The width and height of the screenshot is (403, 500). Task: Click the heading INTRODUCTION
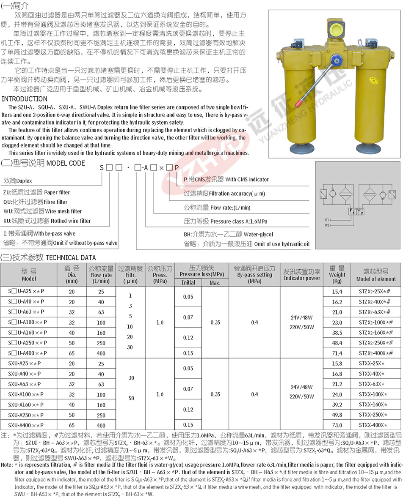pos(25,99)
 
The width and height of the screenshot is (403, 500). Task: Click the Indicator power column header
pos(301,275)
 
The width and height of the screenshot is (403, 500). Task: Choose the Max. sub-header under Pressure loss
pos(215,282)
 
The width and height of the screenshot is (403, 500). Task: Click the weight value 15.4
pos(337,292)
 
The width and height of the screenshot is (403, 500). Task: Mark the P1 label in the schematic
pos(327,220)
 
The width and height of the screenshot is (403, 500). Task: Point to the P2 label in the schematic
pos(327,225)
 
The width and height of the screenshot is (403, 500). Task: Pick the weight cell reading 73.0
pos(337,425)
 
